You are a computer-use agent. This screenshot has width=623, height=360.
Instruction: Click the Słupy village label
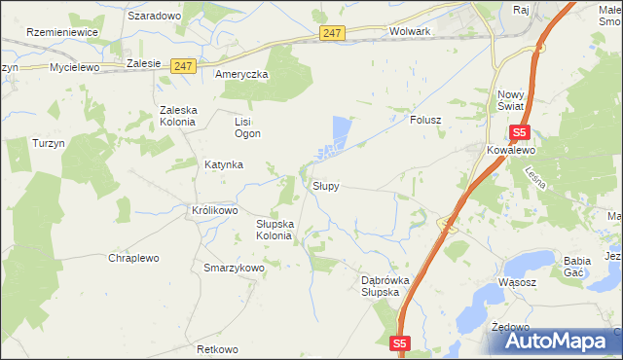[x=325, y=185]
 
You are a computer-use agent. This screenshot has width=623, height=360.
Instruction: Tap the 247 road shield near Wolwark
[x=332, y=33]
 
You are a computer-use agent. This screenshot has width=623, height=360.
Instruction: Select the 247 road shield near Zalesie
[x=184, y=66]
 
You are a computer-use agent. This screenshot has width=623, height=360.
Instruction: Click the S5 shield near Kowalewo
[x=519, y=132]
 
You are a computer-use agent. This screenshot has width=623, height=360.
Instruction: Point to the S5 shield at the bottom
[x=400, y=343]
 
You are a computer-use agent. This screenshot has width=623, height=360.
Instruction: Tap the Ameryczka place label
[x=241, y=75]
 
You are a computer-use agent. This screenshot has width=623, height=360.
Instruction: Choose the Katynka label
[x=223, y=164]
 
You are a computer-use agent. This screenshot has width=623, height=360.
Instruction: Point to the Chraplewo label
[x=133, y=258]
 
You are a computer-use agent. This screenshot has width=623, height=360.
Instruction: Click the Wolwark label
[x=409, y=31]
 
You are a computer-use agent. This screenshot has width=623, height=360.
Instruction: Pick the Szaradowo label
[x=155, y=17]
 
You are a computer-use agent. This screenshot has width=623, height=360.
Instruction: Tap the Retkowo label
[x=217, y=348]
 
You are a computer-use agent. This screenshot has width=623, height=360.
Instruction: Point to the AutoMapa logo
[x=551, y=340]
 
